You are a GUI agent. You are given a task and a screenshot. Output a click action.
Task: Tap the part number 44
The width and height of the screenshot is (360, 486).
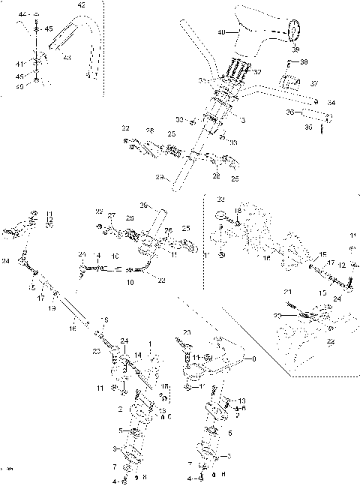click(x=21, y=15)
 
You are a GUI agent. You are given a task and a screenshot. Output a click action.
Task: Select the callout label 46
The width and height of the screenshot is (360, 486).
click(x=21, y=87)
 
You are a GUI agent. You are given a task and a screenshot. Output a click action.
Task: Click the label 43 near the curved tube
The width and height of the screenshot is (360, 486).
click(x=67, y=58)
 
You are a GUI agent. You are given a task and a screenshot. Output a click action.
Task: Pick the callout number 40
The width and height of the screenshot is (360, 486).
click(x=220, y=32)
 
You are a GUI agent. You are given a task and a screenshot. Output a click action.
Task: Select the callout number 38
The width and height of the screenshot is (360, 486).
click(x=304, y=63)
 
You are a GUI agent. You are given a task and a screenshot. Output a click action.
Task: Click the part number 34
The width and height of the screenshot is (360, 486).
click(x=331, y=101)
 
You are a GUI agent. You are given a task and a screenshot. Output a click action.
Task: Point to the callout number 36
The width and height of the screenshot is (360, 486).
click(x=289, y=112)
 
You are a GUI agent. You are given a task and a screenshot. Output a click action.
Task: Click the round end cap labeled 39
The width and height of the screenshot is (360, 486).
click(x=295, y=31)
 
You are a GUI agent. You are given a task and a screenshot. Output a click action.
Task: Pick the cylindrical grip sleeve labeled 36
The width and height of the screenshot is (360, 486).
click(x=315, y=118)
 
